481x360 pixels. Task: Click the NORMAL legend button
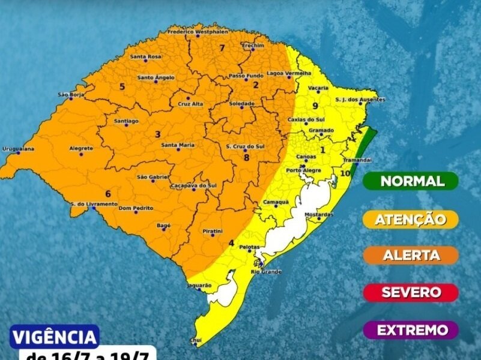412,181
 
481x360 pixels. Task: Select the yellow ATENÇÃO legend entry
411,219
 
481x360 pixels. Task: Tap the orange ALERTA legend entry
411,256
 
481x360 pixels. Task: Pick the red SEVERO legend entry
411,293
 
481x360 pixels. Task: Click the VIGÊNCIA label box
55,336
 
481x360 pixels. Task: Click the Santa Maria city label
178,145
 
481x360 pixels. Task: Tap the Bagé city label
163,224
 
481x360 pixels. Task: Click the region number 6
108,193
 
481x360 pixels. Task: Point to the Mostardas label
319,214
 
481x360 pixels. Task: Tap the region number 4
231,243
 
